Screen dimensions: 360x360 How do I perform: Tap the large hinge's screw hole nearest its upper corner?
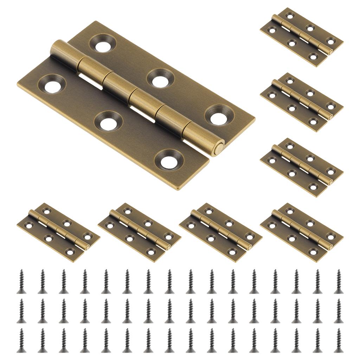click(x=103, y=44)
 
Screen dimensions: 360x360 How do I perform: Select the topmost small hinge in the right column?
click(x=302, y=37)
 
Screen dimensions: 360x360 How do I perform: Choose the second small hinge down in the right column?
click(x=302, y=102)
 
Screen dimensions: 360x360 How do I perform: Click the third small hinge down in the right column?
click(x=302, y=167)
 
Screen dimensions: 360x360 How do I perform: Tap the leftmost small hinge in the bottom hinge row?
click(x=58, y=232)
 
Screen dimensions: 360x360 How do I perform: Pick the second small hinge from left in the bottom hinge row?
click(x=139, y=232)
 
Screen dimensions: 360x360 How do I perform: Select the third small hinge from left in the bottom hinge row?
click(x=220, y=232)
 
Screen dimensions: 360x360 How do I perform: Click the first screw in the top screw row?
click(x=21, y=281)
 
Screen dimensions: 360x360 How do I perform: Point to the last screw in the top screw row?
click(x=339, y=281)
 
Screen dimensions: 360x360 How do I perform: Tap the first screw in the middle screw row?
click(x=21, y=311)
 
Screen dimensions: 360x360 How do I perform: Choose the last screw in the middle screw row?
click(x=339, y=311)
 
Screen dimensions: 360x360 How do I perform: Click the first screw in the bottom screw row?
click(x=21, y=340)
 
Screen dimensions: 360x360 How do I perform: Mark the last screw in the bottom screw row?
click(x=339, y=340)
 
